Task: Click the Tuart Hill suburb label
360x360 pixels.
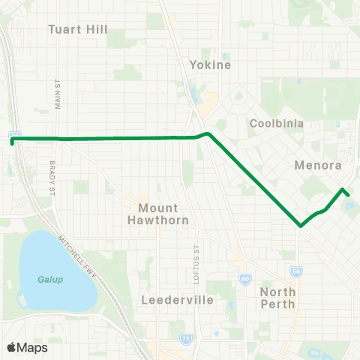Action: pos(78,30)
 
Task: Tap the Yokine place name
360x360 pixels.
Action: pos(210,64)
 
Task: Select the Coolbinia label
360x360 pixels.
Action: pos(274,122)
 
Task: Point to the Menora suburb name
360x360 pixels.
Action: pos(319,165)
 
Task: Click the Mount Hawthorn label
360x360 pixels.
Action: pos(163,213)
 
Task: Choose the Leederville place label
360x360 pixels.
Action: pos(178,300)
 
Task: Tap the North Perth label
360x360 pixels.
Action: pos(278,298)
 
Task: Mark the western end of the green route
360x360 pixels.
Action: pos(13,139)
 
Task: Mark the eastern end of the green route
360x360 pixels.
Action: pos(349,194)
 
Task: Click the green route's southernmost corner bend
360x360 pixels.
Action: pos(301,225)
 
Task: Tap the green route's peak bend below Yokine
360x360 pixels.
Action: pos(208,133)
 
